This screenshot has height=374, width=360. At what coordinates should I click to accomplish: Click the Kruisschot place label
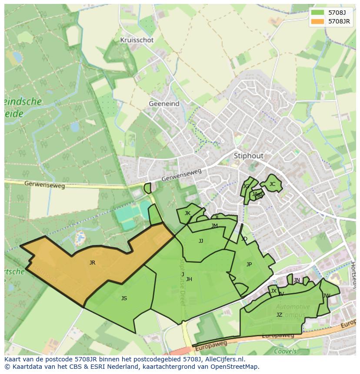click(x=137, y=40)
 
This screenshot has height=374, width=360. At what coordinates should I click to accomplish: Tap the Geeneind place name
click(x=164, y=104)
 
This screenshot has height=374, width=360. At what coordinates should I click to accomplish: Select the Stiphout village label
click(x=249, y=156)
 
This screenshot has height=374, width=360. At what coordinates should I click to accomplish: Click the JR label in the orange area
click(x=92, y=263)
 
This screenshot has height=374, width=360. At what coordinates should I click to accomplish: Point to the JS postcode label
click(x=124, y=298)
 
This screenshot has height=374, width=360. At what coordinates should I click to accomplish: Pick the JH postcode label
click(x=189, y=279)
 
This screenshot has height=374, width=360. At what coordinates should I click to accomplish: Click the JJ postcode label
click(x=201, y=241)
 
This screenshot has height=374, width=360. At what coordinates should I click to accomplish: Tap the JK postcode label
click(x=187, y=213)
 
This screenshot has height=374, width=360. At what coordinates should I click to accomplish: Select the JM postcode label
click(x=214, y=226)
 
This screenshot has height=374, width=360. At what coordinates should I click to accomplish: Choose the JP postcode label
click(x=249, y=265)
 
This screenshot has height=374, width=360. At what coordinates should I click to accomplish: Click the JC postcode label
click(x=272, y=184)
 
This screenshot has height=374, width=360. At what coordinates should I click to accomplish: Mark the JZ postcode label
click(x=279, y=315)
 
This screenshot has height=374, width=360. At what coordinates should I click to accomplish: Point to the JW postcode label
click(x=327, y=296)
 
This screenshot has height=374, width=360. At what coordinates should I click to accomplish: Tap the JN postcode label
click(x=297, y=280)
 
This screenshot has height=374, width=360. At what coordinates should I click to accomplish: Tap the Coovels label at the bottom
click(x=285, y=351)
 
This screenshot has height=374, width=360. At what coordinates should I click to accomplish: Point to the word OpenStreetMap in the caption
click(x=235, y=367)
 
